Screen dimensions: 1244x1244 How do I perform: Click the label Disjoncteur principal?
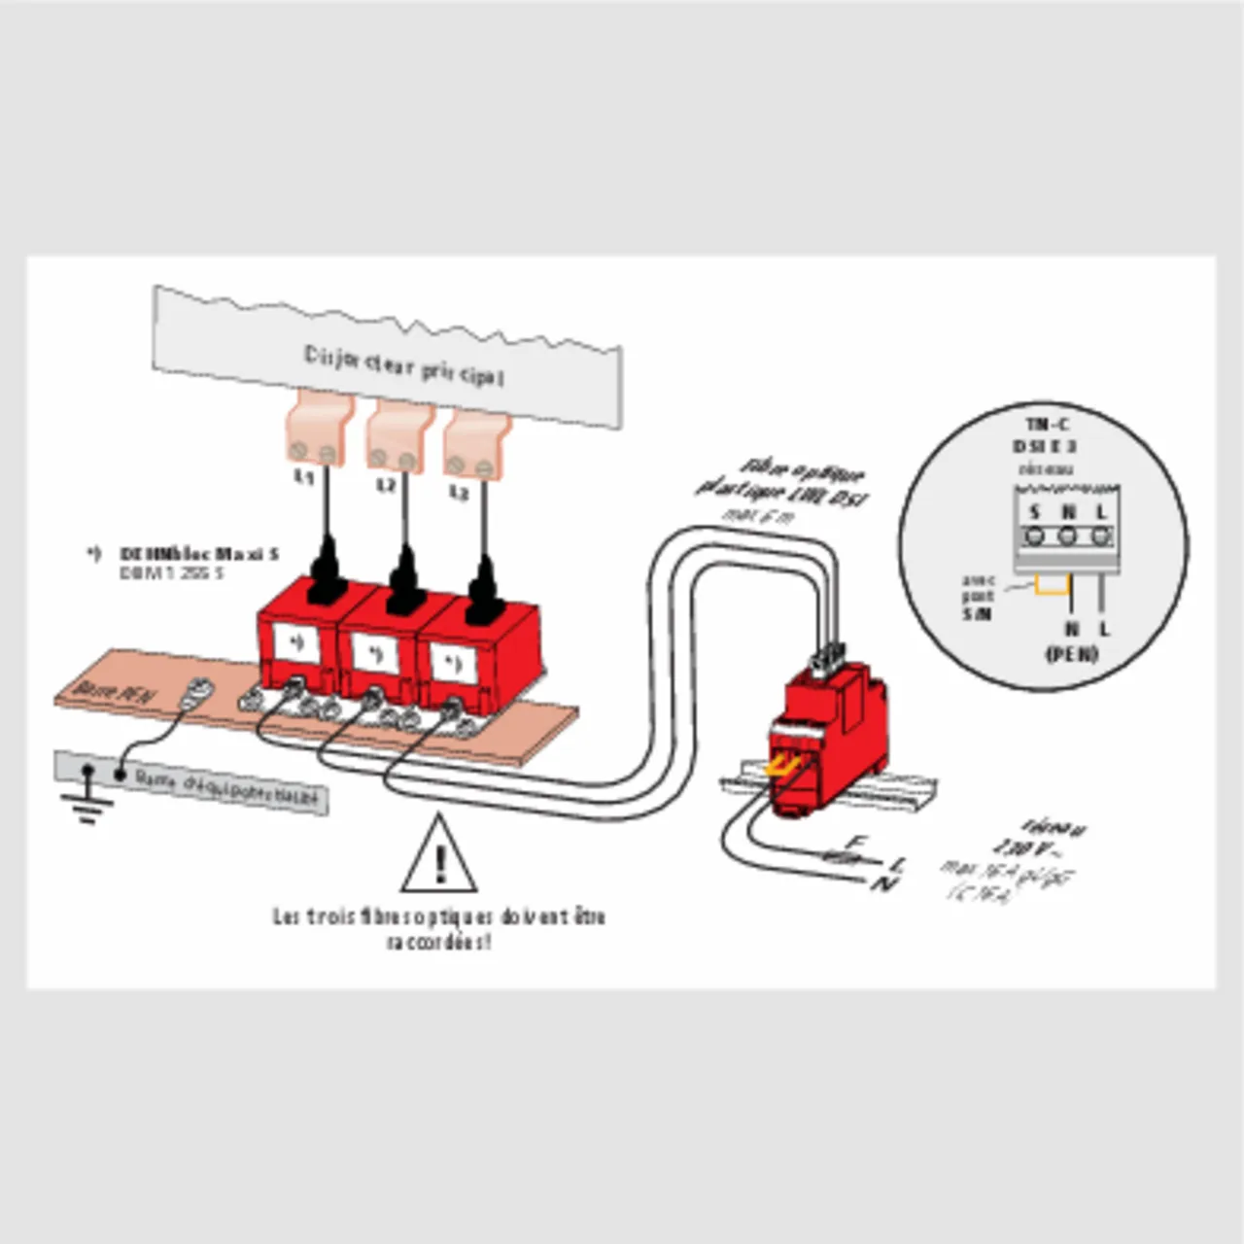click(404, 366)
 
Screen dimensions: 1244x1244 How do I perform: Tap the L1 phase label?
click(304, 477)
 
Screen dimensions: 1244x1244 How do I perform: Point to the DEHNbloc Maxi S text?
click(199, 554)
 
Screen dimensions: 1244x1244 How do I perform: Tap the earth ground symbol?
click(86, 802)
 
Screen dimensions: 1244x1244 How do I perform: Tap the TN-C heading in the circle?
click(1047, 424)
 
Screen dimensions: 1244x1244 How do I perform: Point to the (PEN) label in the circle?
click(1071, 653)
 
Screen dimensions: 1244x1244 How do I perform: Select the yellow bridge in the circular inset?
click(1052, 584)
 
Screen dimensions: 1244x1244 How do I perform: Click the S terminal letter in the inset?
click(1035, 512)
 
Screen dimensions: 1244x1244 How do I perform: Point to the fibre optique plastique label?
click(783, 483)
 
